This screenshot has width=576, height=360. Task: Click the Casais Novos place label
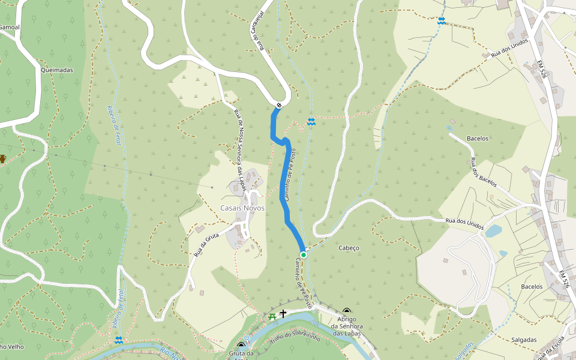(x=242, y=208)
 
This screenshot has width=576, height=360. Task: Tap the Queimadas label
(x=57, y=70)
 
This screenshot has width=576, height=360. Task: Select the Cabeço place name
(x=349, y=248)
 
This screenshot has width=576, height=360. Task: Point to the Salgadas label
(x=524, y=340)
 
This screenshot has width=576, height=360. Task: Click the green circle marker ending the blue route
(x=304, y=255)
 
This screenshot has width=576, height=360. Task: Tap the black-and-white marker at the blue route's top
(x=280, y=106)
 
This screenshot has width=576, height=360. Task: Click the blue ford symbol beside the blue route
(x=311, y=122)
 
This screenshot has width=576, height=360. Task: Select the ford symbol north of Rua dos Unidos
(x=442, y=21)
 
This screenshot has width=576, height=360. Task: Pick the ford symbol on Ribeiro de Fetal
(x=119, y=340)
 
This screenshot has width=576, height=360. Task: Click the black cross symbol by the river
(x=283, y=313)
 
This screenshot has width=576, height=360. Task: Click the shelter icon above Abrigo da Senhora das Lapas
(x=346, y=311)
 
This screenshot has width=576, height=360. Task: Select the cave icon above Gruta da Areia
(x=241, y=346)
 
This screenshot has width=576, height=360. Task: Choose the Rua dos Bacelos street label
(x=482, y=172)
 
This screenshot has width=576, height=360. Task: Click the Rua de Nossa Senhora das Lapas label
(x=240, y=151)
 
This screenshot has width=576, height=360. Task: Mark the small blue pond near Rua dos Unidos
(x=493, y=231)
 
